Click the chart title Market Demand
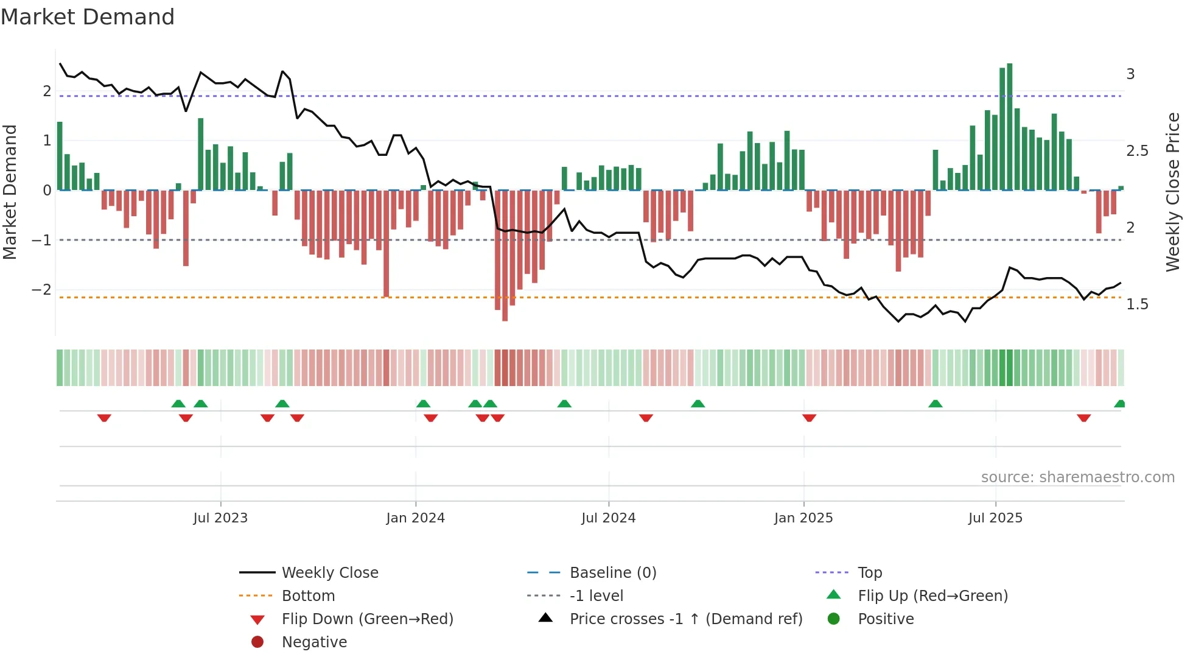[88, 17]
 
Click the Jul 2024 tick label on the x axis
[608, 518]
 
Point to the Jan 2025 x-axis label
[803, 518]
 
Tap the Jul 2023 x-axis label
[220, 518]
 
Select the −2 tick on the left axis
[42, 290]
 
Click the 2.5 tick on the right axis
[1137, 151]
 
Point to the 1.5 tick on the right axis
[1137, 304]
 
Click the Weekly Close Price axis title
[1173, 192]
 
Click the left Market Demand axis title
[10, 192]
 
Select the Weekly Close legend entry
[329, 573]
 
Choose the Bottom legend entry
[308, 596]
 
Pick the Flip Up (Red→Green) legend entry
[932, 596]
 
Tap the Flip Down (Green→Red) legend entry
[367, 619]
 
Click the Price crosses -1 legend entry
[685, 619]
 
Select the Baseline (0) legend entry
[612, 573]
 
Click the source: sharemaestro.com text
[1077, 477]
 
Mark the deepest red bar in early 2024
[505, 256]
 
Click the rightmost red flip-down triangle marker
[1083, 418]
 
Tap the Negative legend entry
[314, 642]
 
